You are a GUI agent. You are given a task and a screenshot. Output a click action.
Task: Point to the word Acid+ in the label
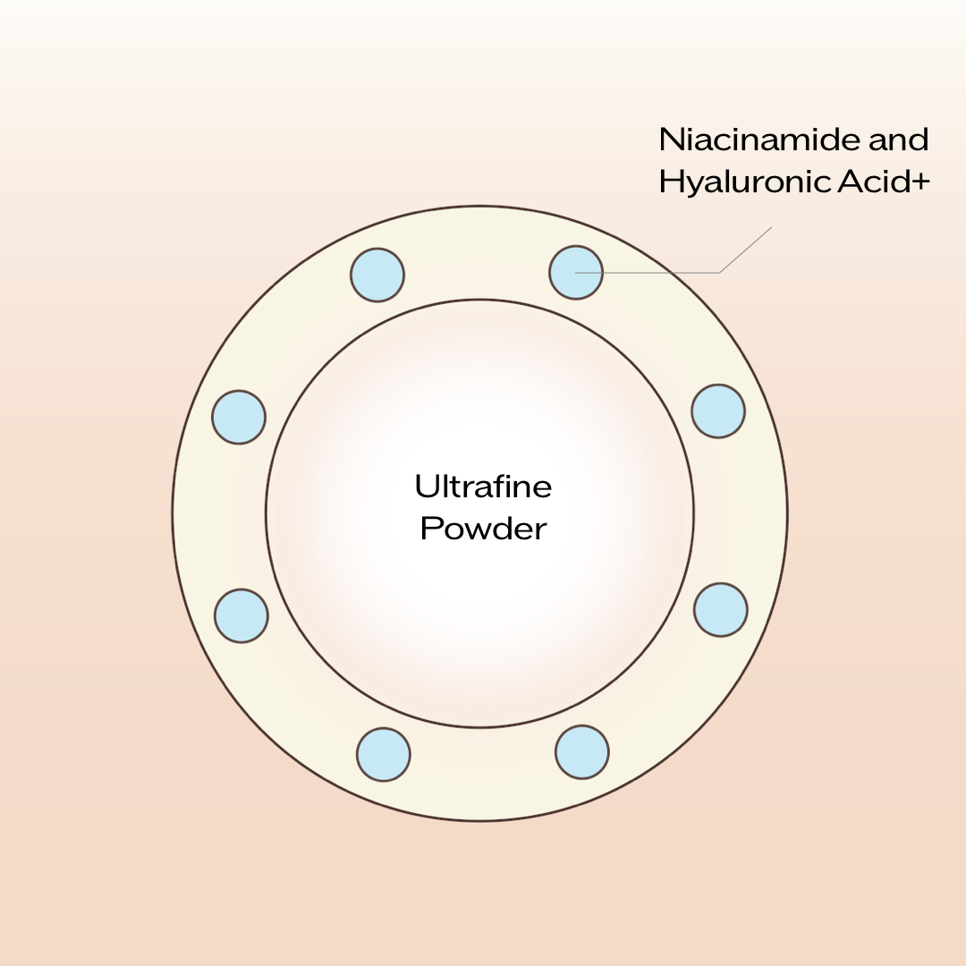[885, 182]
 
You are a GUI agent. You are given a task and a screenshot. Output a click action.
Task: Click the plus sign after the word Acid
[922, 182]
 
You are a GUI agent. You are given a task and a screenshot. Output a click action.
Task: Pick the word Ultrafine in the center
[483, 487]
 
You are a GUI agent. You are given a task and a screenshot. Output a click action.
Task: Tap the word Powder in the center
[483, 529]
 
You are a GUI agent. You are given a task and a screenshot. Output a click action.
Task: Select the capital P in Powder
[429, 529]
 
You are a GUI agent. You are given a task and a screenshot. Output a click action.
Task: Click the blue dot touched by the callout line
[576, 273]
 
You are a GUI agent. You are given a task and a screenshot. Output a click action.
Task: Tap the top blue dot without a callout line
[377, 275]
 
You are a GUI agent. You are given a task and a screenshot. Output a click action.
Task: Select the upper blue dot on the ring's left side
[239, 417]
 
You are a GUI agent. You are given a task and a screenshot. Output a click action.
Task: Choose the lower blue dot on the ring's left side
[241, 615]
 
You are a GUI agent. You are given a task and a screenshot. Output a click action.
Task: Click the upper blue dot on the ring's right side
[718, 411]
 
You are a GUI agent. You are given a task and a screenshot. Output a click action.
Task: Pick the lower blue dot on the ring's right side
[721, 610]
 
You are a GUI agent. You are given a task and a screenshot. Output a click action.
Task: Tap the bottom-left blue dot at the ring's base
[384, 754]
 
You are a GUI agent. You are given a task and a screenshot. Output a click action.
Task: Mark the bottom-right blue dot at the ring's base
[582, 752]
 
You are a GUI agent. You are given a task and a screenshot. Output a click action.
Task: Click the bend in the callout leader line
[720, 272]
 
